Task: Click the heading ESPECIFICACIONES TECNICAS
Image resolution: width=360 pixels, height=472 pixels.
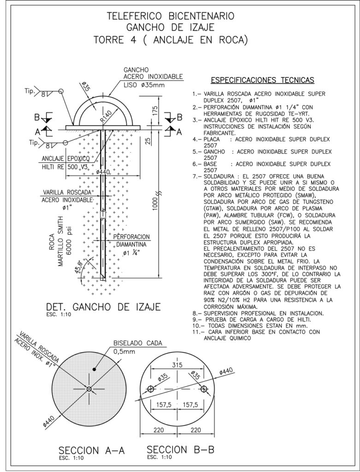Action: pyautogui.click(x=262, y=81)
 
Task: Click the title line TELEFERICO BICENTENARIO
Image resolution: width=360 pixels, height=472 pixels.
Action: pyautogui.click(x=171, y=17)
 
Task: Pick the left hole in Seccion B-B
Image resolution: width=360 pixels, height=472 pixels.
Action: pyautogui.click(x=150, y=389)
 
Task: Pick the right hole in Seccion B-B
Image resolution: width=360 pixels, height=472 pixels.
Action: pyautogui.click(x=204, y=389)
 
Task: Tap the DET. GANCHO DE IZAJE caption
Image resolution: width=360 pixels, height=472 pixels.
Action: pyautogui.click(x=103, y=307)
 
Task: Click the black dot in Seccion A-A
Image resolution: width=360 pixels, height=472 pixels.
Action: pyautogui.click(x=93, y=370)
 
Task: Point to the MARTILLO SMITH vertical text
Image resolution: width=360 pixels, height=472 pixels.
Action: pyautogui.click(x=61, y=249)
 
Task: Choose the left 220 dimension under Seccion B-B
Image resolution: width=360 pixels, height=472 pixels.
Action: pyautogui.click(x=158, y=430)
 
